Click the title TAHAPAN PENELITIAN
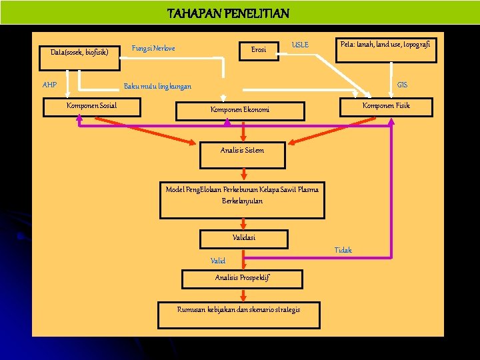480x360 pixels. click(x=228, y=13)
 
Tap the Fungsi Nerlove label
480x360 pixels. click(x=153, y=48)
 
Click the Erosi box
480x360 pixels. click(x=259, y=49)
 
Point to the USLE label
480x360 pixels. click(x=300, y=45)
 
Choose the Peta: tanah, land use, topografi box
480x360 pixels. click(x=386, y=49)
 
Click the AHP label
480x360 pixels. click(x=49, y=85)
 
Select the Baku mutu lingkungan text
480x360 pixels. click(x=157, y=86)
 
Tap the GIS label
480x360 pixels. click(x=403, y=85)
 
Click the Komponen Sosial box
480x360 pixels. click(x=92, y=106)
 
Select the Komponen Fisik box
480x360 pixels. click(x=386, y=106)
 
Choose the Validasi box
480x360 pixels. click(x=244, y=238)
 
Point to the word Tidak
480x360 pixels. click(x=343, y=250)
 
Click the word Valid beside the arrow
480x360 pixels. click(x=218, y=261)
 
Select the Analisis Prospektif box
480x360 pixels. click(x=242, y=278)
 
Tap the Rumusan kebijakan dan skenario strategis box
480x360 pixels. click(x=239, y=310)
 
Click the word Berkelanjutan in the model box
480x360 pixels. click(x=242, y=201)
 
